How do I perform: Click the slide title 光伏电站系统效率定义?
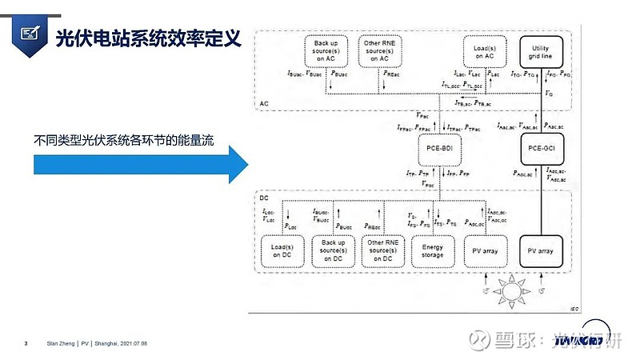(148, 37)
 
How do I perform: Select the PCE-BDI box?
(436, 148)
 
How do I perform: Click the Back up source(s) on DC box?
(332, 250)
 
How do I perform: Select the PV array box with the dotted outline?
(486, 251)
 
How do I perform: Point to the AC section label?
(265, 104)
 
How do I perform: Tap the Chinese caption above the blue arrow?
(126, 138)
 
